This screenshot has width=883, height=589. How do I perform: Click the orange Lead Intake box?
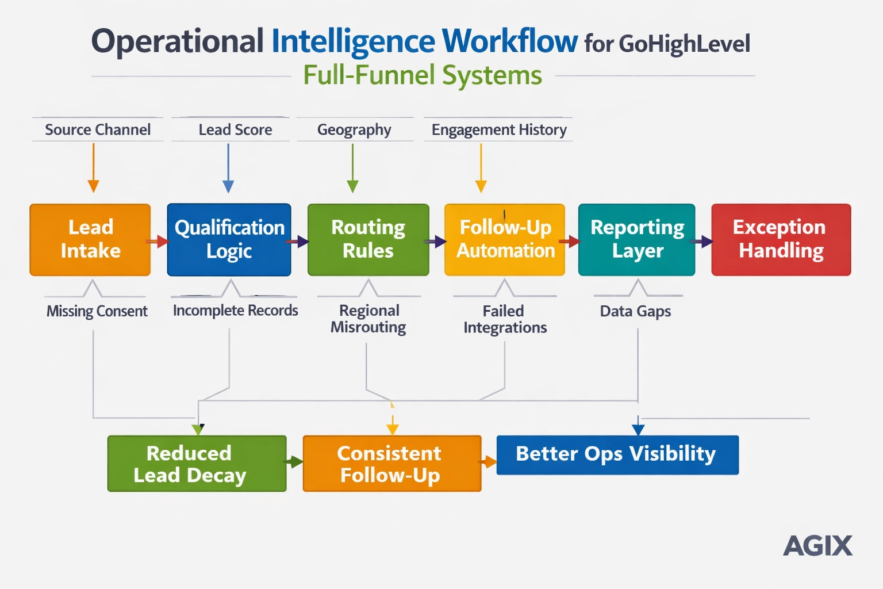coord(90,239)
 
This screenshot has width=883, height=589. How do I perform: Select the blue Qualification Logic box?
coord(229,239)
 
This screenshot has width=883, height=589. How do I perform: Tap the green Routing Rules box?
coord(368,239)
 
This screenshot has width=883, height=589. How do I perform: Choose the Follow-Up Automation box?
coord(505,239)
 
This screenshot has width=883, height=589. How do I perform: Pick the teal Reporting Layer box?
coord(636,239)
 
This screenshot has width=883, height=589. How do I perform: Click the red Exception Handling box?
coord(781,239)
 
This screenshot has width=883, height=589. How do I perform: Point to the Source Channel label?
coord(98,130)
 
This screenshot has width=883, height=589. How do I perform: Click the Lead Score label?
coord(235,130)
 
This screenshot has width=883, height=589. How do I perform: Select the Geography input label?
coord(354,130)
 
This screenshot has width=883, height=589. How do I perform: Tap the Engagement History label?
coord(499,130)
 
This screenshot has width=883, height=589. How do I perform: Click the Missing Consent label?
coord(97,311)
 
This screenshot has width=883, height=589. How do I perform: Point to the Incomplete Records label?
coord(235,311)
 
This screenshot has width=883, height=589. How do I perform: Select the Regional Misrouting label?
coord(368,319)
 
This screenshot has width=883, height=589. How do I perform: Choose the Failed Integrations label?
coord(505,319)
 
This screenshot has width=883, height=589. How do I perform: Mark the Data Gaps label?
coord(635,311)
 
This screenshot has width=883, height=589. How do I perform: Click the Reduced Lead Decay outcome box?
coord(197,464)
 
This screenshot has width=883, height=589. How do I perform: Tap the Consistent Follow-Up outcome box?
coord(391,464)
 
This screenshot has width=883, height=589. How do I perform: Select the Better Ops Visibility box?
coord(617,454)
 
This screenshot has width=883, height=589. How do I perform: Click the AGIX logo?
coord(817,545)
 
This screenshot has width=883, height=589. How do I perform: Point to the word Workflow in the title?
coord(509,41)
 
